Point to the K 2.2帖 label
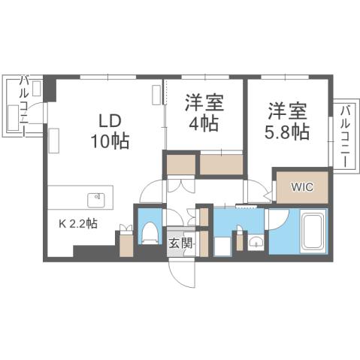click(77, 223)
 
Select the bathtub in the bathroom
click(313, 232)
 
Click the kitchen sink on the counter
click(97, 200)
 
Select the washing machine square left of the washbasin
click(222, 245)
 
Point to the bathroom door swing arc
click(275, 219)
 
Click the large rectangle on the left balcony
click(14, 118)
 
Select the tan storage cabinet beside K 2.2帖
click(126, 245)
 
